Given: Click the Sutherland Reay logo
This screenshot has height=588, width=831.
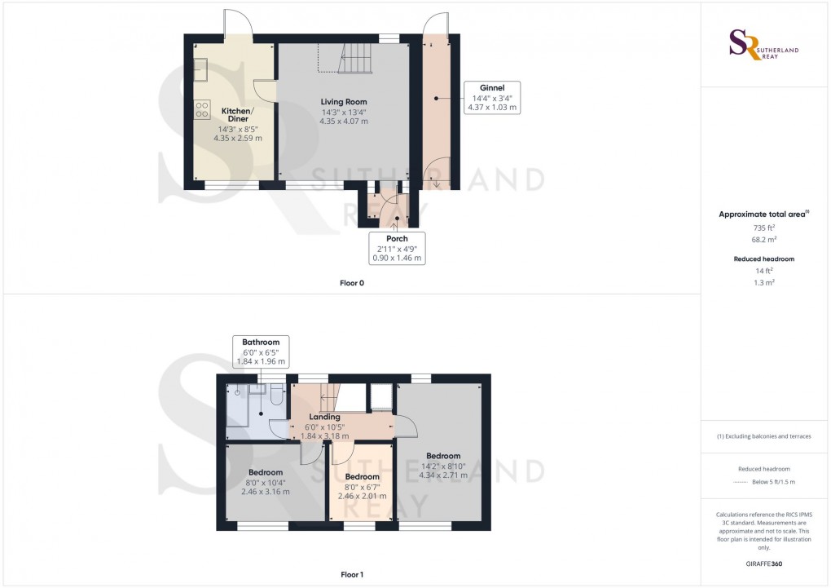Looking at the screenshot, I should pos(765,44).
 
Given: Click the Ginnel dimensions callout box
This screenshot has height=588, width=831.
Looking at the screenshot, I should pos(491,97).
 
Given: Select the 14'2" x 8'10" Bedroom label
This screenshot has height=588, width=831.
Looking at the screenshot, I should pos(443,466).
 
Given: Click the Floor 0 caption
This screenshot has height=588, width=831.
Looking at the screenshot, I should pos(352,283).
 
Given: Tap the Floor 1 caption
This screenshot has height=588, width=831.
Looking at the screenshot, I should pos(352,574).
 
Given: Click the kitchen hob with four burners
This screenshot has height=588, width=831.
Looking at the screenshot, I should pos(203,110).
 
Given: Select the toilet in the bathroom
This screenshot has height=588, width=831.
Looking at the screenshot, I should pos(275,396).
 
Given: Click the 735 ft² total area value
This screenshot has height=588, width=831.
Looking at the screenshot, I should pos(763,229).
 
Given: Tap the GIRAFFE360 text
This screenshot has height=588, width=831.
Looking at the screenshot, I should pos(763,564).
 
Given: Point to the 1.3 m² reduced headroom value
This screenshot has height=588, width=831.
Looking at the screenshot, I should pos(763,281).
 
